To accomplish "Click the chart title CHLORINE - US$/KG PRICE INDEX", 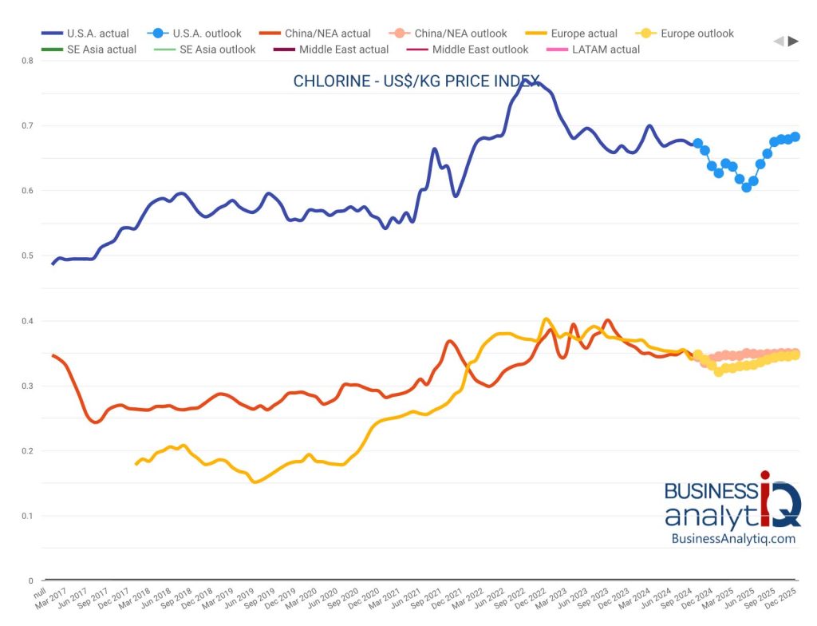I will click(416, 81).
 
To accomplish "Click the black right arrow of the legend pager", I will click(793, 42).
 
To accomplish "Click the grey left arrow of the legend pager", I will click(779, 42).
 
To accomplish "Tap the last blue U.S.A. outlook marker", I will click(795, 137).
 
